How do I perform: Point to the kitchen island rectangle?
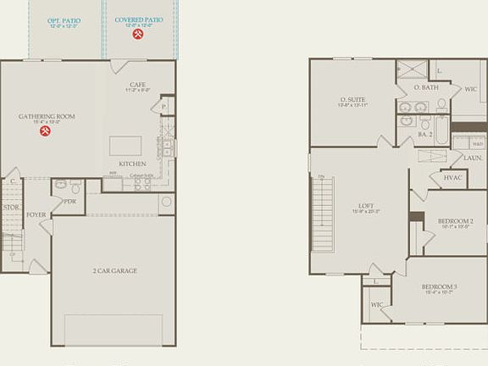click(125, 145)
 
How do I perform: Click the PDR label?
click(70, 202)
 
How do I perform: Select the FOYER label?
click(36, 214)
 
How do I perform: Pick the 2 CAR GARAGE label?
click(114, 271)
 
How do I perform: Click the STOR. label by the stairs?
click(11, 207)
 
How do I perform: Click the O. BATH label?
click(425, 87)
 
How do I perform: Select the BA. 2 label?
click(425, 134)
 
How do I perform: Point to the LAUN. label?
click(474, 158)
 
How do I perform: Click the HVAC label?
click(452, 177)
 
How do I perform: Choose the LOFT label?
click(366, 206)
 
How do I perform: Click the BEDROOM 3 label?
click(439, 286)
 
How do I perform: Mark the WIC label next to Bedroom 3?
click(376, 304)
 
